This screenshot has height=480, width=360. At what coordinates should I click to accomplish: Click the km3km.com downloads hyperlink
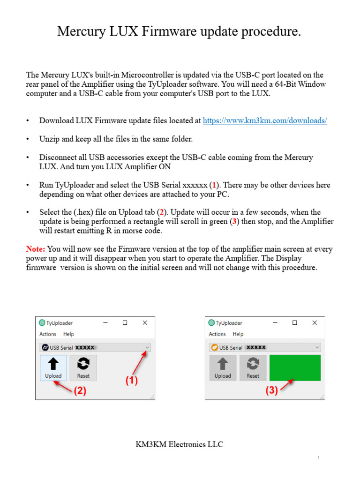pyautogui.click(x=264, y=120)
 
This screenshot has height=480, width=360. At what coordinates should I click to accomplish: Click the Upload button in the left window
pyautogui.click(x=53, y=367)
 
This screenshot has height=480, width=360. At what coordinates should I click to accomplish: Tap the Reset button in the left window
pyautogui.click(x=83, y=367)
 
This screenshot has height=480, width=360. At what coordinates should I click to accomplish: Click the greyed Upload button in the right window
pyautogui.click(x=223, y=367)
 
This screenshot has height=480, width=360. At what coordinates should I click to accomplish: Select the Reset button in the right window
pyautogui.click(x=253, y=367)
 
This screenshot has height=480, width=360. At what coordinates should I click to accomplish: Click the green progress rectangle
pyautogui.click(x=295, y=367)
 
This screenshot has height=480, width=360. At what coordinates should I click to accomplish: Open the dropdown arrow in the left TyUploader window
pyautogui.click(x=148, y=347)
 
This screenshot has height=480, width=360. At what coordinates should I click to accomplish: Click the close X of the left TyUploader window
pyautogui.click(x=145, y=323)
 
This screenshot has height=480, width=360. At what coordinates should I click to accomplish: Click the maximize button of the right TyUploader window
pyautogui.click(x=294, y=323)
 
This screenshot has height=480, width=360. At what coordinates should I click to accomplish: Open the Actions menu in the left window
pyautogui.click(x=48, y=334)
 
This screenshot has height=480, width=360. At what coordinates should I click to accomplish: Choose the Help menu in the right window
pyautogui.click(x=238, y=334)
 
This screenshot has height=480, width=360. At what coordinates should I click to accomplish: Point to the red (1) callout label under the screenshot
pyautogui.click(x=132, y=381)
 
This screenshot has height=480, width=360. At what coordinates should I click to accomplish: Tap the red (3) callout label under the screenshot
pyautogui.click(x=271, y=390)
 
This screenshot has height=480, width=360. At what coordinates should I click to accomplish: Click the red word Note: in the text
pyautogui.click(x=36, y=249)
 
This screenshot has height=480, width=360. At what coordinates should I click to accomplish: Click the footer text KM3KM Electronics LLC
pyautogui.click(x=180, y=444)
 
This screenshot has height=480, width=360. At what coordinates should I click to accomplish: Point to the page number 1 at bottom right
pyautogui.click(x=318, y=457)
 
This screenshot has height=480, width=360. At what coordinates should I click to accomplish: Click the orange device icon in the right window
pyautogui.click(x=214, y=347)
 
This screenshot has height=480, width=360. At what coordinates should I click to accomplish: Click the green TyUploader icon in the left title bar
pyautogui.click(x=42, y=323)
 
